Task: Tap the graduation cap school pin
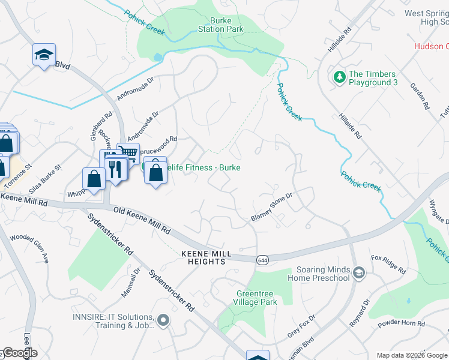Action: coord(44,55)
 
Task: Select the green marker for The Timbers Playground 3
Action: coord(339,77)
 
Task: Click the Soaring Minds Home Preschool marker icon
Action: coord(359,274)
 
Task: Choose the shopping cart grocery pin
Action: coord(128,154)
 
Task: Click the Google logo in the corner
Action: coord(19,353)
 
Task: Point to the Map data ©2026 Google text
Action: coord(412,355)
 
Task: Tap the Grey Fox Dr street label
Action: coord(301,326)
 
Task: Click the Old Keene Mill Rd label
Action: coord(142,220)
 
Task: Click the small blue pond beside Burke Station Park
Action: coord(158,58)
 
